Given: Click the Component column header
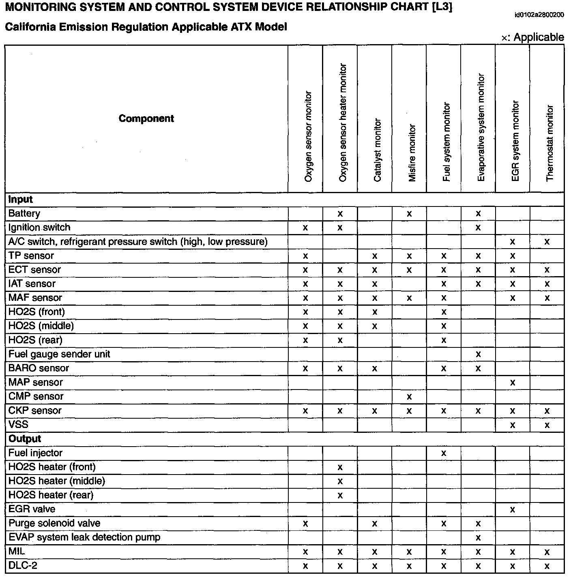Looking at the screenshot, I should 146,119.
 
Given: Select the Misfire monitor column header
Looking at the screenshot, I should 412,153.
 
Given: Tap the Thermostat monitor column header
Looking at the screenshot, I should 550,143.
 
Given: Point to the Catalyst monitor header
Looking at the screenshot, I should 377,150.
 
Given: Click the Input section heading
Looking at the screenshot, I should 20,200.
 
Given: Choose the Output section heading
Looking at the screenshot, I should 25,439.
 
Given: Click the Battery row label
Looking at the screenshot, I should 24,213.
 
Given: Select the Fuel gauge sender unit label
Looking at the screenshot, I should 59,354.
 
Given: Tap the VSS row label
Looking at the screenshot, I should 18,425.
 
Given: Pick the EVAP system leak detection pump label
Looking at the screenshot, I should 84,537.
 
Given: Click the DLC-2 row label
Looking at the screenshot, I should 23,566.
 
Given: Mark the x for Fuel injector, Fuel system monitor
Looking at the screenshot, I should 444,453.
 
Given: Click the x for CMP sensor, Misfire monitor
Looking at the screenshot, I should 409,397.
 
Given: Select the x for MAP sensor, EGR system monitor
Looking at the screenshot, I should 513,383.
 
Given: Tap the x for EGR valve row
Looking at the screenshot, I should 513,510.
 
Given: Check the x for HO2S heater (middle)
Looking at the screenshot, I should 340,481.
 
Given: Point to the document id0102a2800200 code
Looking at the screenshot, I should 539,15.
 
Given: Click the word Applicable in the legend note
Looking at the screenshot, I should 539,37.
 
